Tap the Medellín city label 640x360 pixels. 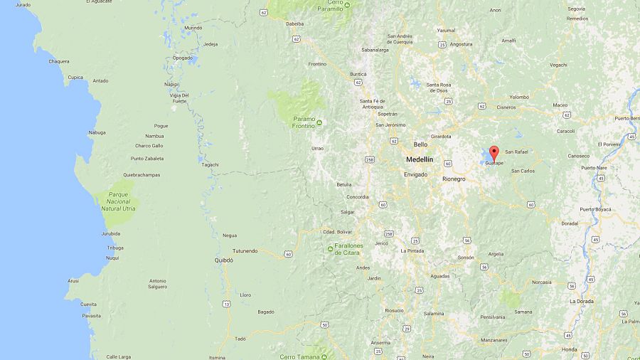[419, 159]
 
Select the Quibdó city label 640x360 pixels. [223, 260]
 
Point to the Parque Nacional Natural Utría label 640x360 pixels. [118, 201]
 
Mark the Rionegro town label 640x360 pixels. [454, 179]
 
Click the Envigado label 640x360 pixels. [415, 174]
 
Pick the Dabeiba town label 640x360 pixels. [294, 23]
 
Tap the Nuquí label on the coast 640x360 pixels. [112, 258]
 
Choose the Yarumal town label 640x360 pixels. [446, 31]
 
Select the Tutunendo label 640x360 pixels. [245, 251]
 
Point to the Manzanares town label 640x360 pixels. [494, 341]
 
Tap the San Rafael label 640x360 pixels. [516, 152]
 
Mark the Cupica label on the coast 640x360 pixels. [75, 78]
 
